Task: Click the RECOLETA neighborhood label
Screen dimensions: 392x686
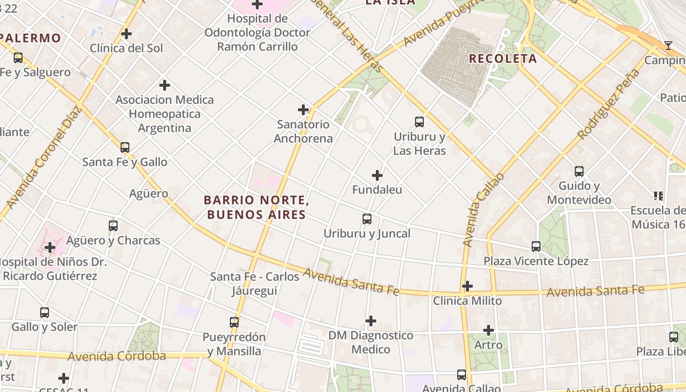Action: pos(503,59)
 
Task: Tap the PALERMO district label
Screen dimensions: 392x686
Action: pos(30,38)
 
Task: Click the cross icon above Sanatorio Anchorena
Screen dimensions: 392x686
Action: pos(303,110)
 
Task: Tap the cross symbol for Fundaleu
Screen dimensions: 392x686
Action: pos(377,175)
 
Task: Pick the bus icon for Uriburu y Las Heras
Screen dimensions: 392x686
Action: pos(419,122)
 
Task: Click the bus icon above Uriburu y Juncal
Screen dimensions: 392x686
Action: pos(367,219)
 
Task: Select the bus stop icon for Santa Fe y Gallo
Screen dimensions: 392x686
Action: pos(125,147)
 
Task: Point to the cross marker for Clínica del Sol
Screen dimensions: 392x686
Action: pos(126,34)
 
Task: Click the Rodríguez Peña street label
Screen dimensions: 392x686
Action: pos(609,104)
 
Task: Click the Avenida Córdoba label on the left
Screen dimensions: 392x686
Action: pos(117,356)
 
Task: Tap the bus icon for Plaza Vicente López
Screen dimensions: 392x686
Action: pos(536,246)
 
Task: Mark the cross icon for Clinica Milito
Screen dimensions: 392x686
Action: pos(467,286)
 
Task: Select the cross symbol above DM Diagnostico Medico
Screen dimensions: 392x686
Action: pos(371,321)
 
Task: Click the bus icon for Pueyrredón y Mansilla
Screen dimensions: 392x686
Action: pos(234,322)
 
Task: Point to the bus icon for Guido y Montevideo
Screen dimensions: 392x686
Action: pos(579,171)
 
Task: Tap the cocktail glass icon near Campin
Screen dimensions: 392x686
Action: pos(668,46)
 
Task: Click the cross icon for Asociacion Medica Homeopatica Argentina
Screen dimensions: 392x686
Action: pos(165,85)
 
